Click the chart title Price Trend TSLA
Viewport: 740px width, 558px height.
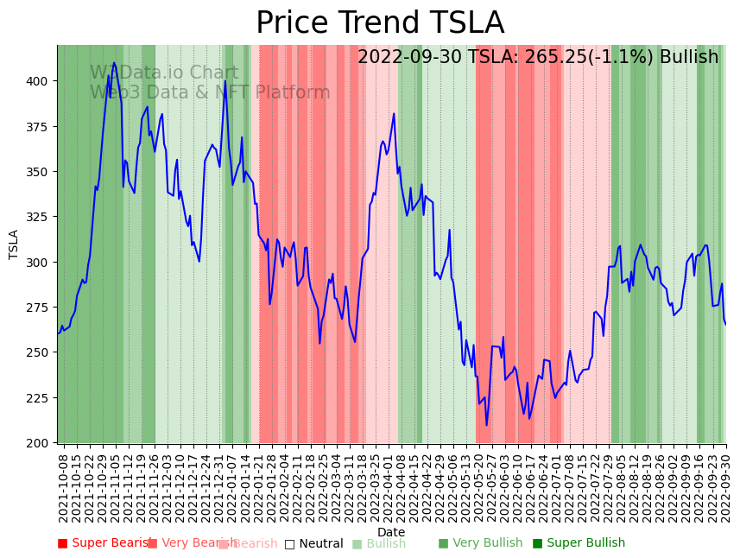click(x=380, y=23)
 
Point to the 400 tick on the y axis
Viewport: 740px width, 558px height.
click(x=40, y=81)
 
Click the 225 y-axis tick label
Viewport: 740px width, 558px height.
click(x=40, y=398)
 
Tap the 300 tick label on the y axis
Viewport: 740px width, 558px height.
click(x=40, y=263)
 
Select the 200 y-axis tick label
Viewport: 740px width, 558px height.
click(x=40, y=443)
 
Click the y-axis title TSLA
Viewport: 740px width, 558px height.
click(x=14, y=244)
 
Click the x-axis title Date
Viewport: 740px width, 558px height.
click(x=391, y=532)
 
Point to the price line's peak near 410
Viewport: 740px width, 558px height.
click(x=114, y=63)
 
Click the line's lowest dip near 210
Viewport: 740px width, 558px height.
click(x=487, y=424)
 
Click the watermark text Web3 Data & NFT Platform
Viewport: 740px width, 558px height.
click(x=210, y=92)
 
